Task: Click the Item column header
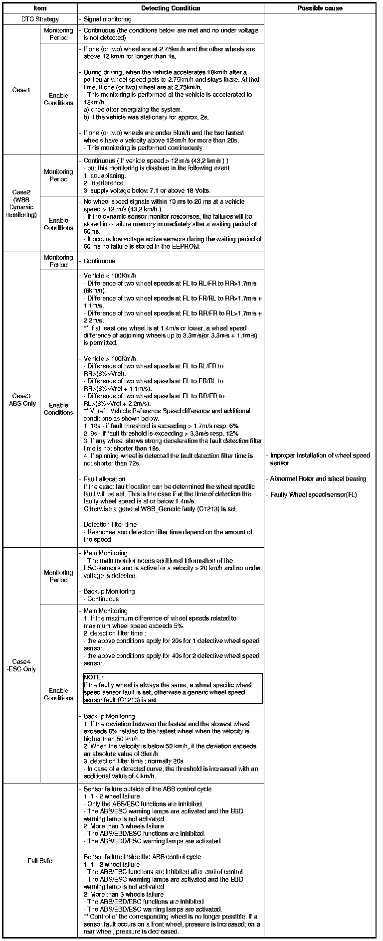click(39, 8)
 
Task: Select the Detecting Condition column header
click(171, 8)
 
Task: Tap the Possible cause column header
click(320, 8)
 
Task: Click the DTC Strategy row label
click(40, 19)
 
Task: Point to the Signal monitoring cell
click(107, 19)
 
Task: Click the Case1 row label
click(21, 90)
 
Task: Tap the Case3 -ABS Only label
click(21, 400)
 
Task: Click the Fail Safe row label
click(40, 861)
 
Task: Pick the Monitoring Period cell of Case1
click(58, 34)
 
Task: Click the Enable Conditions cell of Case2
click(58, 224)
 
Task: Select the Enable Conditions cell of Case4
click(58, 694)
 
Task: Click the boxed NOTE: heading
click(93, 677)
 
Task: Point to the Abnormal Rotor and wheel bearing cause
click(318, 479)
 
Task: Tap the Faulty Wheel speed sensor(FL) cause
click(314, 495)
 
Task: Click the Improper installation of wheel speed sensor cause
click(320, 459)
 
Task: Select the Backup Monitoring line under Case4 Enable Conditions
click(109, 716)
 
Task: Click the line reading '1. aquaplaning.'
click(105, 176)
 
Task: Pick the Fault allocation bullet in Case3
click(104, 479)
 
